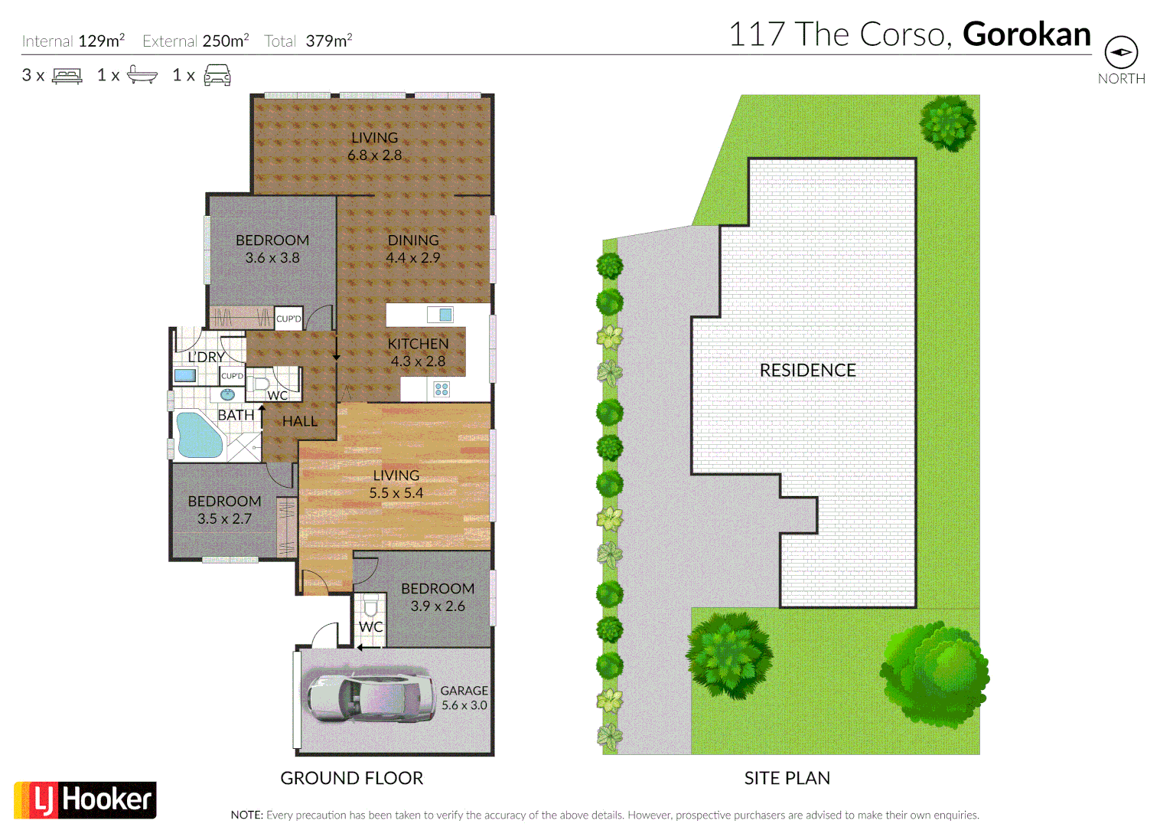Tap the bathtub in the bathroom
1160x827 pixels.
(198, 435)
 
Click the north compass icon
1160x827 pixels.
(1121, 53)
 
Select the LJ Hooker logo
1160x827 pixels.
(85, 800)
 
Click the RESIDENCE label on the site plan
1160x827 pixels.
(807, 371)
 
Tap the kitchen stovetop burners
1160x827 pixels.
(442, 389)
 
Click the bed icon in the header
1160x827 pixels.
(67, 76)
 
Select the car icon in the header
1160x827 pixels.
(217, 75)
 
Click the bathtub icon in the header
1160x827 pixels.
(142, 75)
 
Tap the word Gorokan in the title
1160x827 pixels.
(1026, 34)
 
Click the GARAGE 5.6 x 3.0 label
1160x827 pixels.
(464, 698)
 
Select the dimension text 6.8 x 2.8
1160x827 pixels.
(374, 155)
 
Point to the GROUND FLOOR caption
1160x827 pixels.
(351, 778)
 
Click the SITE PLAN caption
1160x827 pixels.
(787, 778)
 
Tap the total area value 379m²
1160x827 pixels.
(329, 41)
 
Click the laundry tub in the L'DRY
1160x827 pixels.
(184, 375)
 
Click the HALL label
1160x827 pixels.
(299, 421)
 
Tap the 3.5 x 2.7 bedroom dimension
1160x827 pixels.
(224, 519)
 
